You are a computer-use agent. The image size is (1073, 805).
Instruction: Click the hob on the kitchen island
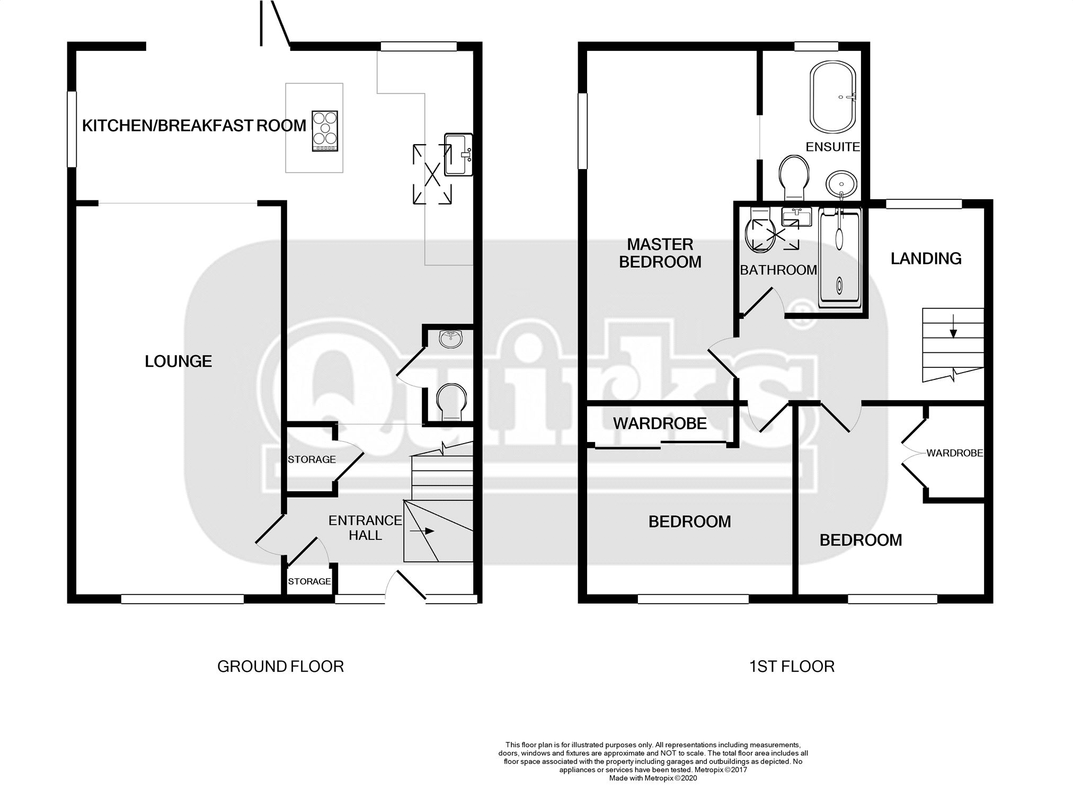click(325, 131)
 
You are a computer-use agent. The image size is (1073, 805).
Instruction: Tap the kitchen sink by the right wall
click(458, 154)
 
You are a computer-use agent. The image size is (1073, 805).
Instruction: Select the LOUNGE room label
click(179, 361)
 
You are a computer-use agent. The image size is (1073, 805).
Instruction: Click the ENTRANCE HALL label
click(365, 528)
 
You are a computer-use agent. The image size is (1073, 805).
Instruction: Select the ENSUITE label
click(832, 147)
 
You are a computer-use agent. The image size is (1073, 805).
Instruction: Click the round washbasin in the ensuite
click(841, 184)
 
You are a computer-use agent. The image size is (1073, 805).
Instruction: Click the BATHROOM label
click(778, 270)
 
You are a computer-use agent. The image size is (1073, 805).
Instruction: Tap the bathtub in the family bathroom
click(841, 258)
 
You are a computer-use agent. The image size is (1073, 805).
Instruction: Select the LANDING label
click(926, 259)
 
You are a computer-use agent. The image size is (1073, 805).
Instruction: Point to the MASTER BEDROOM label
click(660, 253)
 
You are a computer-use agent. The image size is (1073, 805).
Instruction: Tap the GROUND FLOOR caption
click(280, 666)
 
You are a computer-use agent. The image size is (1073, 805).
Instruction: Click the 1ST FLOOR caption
click(792, 666)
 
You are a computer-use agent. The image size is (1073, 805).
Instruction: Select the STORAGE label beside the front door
click(309, 581)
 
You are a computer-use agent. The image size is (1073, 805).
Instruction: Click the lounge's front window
click(182, 599)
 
